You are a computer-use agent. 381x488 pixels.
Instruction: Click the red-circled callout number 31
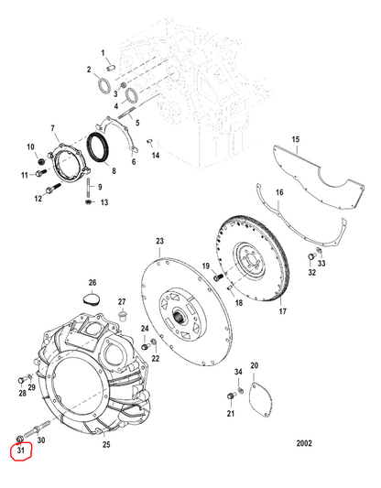click(x=20, y=450)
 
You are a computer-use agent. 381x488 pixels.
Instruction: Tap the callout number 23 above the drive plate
click(x=159, y=241)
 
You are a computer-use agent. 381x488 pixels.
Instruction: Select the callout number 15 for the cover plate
click(x=296, y=139)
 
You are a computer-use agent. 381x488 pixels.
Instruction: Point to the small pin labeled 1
click(x=111, y=67)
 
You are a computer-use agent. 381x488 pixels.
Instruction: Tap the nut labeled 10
click(x=40, y=162)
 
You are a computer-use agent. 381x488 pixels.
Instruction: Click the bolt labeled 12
click(x=53, y=188)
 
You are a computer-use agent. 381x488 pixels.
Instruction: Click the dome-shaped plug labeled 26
click(x=92, y=298)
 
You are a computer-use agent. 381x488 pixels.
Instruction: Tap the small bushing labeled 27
click(x=123, y=315)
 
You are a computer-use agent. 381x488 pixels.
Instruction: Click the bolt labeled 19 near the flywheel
click(x=218, y=277)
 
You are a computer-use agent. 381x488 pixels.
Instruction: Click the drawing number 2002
click(x=304, y=443)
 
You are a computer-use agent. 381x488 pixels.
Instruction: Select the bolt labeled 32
click(x=311, y=256)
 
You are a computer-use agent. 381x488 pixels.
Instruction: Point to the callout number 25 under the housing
click(x=106, y=444)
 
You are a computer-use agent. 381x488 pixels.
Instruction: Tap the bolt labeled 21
click(x=232, y=396)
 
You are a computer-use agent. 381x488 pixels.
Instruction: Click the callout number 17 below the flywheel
click(x=282, y=311)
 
